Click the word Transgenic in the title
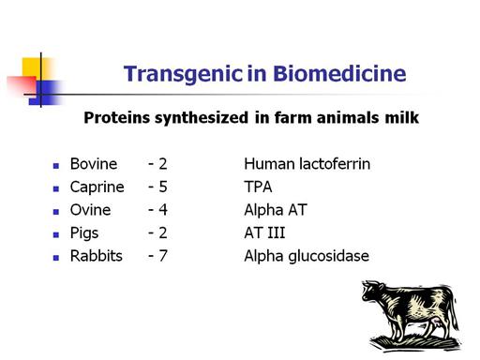click(183, 75)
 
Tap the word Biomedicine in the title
click(339, 74)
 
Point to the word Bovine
click(94, 164)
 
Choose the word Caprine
click(97, 187)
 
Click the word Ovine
click(90, 210)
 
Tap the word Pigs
click(84, 233)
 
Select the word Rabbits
click(97, 256)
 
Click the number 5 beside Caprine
click(163, 187)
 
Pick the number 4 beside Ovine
click(163, 210)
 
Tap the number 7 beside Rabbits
click(163, 256)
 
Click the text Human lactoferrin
click(307, 164)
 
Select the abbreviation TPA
click(258, 187)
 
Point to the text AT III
click(264, 233)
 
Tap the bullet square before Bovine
click(56, 166)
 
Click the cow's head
click(372, 292)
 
